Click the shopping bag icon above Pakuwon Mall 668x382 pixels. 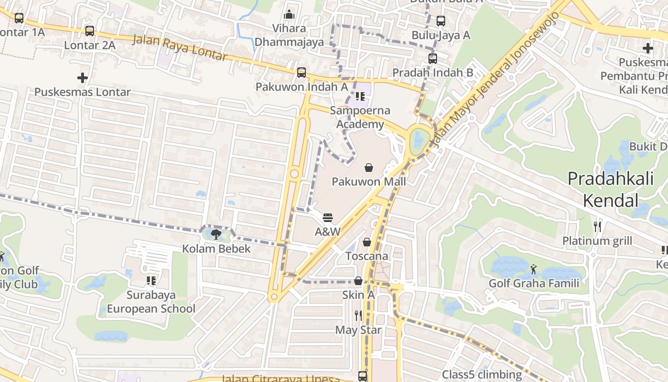[369, 168]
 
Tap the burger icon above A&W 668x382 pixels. [328, 218]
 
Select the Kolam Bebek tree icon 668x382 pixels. [216, 234]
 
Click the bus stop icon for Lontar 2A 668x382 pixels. [90, 31]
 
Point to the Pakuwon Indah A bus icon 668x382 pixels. [302, 73]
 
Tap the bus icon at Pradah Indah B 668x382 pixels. [433, 59]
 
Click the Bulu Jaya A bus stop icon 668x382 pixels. [441, 21]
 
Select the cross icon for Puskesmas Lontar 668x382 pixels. [83, 77]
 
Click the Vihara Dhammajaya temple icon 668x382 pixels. [289, 14]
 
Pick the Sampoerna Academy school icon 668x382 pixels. [360, 96]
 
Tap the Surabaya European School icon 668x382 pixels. [151, 280]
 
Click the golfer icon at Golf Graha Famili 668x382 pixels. [533, 269]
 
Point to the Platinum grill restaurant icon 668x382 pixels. [597, 226]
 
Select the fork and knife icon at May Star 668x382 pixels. [358, 316]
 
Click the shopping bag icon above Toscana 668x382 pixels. [367, 242]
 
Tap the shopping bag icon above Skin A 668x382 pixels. [358, 281]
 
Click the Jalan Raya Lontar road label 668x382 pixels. [179, 47]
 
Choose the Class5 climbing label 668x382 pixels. [482, 374]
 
